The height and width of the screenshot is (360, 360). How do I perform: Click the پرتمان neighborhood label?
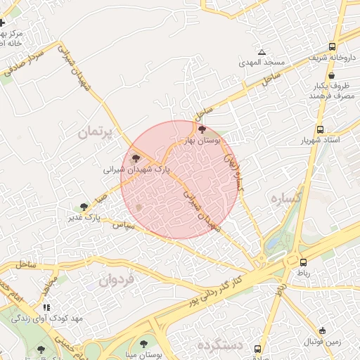[x=96, y=131]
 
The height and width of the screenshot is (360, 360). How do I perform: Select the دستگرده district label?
[x=219, y=347]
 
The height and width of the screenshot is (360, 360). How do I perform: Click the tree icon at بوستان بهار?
[x=202, y=129]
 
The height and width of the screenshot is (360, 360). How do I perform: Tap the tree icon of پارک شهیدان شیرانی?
[x=136, y=159]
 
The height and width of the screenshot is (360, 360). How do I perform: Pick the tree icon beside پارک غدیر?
[x=84, y=207]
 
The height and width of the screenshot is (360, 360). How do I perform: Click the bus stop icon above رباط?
[x=303, y=262]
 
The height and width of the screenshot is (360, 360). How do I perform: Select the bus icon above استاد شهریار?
[x=321, y=129]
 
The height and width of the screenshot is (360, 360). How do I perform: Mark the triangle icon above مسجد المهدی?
[x=262, y=53]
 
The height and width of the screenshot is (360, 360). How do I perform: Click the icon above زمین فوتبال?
[x=323, y=330]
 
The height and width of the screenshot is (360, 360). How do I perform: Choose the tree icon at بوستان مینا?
[x=143, y=345]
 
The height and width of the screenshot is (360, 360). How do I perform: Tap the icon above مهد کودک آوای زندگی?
[x=46, y=307]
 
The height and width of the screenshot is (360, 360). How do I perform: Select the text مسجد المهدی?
[x=262, y=63]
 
